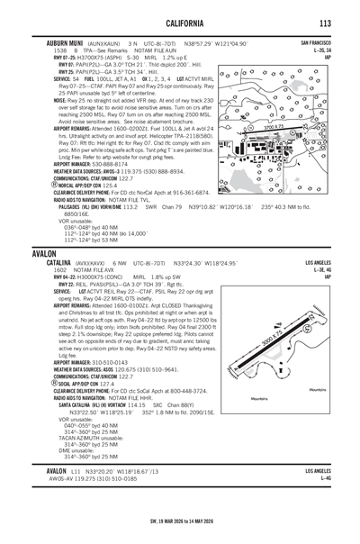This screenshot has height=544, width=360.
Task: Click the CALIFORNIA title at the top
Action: click(x=180, y=23)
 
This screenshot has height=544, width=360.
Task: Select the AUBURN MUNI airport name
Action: click(x=65, y=42)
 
